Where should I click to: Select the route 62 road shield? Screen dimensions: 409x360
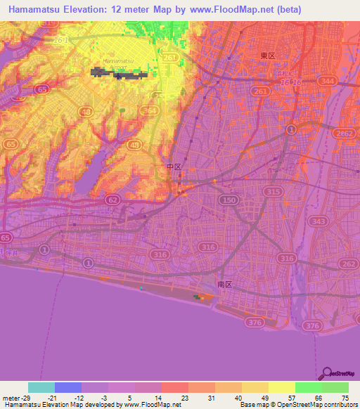point(112,200)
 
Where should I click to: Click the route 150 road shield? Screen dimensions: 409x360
point(226,201)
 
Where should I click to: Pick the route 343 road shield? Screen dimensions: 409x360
point(317,222)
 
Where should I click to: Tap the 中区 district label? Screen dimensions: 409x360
point(174,167)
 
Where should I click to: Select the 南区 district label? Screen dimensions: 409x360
point(225,285)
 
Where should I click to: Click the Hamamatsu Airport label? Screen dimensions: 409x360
point(117,65)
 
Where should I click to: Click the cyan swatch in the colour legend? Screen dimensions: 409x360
point(41,387)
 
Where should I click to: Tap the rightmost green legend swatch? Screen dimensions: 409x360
point(335,387)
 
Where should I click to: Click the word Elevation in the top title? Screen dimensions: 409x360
point(92,9)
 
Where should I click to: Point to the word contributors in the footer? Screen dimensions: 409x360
point(338,405)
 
